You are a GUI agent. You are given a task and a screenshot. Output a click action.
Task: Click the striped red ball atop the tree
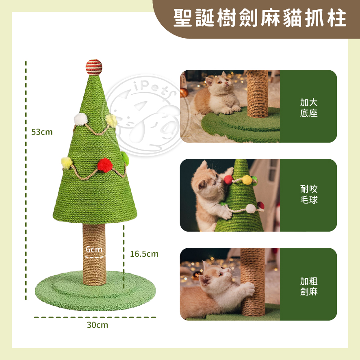tap(94, 67)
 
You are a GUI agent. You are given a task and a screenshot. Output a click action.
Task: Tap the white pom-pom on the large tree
tap(80, 119)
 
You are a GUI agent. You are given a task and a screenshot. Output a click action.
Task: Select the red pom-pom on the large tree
tap(105, 165)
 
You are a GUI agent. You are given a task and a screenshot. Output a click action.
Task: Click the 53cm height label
tap(42, 132)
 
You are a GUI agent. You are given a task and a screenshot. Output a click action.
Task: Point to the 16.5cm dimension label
tap(144, 254)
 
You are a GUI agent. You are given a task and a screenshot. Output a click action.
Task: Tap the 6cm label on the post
tap(94, 249)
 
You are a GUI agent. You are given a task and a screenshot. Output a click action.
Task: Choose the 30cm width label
tap(98, 325)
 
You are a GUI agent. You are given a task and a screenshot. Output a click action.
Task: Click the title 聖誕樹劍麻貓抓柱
tap(260, 18)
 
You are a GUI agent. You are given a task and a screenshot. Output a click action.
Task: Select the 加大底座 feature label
tap(308, 108)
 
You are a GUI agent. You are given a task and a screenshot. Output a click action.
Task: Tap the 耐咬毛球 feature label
tap(308, 195)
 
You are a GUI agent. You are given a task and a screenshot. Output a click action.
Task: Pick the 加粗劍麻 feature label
tap(308, 286)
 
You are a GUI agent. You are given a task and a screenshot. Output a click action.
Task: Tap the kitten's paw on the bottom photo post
tap(249, 289)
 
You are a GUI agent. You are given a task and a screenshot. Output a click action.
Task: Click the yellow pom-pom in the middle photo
tap(247, 180)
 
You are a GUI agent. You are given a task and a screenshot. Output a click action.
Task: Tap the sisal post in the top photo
tap(258, 94)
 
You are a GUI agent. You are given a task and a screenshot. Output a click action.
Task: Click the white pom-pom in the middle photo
tap(251, 208)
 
